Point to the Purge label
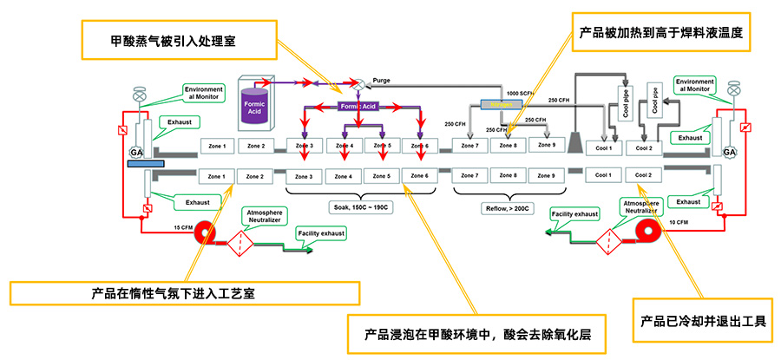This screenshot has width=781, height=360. [381, 80]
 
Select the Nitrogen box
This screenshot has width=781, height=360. [497, 105]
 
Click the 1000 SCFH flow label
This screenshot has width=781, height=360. [520, 93]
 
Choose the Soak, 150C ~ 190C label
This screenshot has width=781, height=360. [358, 207]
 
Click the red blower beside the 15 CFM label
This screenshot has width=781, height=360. [205, 232]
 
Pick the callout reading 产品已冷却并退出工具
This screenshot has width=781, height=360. [703, 321]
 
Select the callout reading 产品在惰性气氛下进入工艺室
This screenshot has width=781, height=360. [174, 292]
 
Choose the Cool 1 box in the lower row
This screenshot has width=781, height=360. [603, 175]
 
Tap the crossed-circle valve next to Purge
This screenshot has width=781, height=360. [357, 84]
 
